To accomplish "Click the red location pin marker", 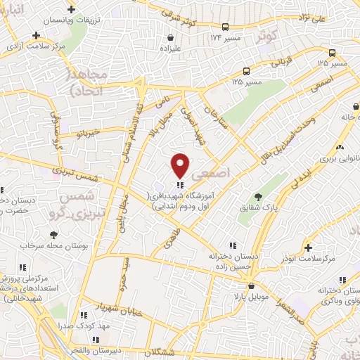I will click(x=181, y=165).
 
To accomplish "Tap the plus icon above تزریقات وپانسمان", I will click(x=71, y=9).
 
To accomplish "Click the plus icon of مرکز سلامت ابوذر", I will click(x=308, y=247).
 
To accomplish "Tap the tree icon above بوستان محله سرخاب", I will click(x=52, y=233).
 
